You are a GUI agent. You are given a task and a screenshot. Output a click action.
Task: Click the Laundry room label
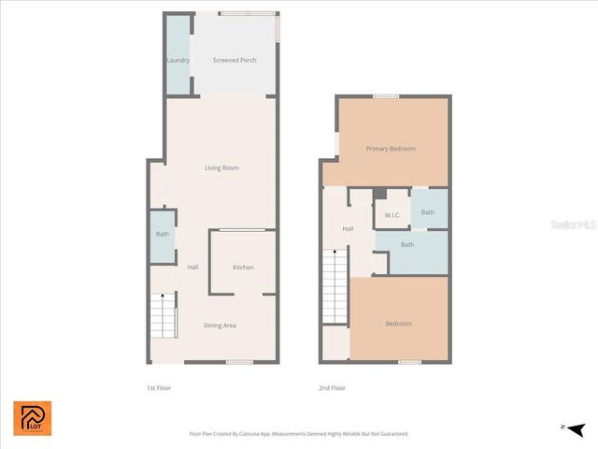tap(178, 61)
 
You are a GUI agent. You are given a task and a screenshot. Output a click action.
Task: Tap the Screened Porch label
tap(235, 61)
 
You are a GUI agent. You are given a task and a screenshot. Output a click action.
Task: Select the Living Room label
tap(221, 168)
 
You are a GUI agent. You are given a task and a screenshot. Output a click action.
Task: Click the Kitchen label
tap(243, 268)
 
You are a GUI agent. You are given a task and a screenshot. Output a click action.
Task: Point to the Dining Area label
tap(221, 326)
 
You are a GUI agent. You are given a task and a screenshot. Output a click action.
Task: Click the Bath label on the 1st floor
tap(162, 235)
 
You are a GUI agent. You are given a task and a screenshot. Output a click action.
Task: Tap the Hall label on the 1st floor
tap(192, 268)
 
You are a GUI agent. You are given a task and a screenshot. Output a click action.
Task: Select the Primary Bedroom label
tap(391, 149)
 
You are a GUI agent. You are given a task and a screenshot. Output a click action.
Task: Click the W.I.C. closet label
tap(392, 215)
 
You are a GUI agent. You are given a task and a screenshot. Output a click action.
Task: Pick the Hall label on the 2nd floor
tap(348, 229)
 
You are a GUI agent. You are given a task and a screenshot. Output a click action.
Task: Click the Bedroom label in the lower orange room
tap(398, 324)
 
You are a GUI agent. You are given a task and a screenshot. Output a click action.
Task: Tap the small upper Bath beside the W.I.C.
tap(428, 212)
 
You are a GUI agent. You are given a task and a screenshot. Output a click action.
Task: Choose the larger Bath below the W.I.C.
tap(407, 245)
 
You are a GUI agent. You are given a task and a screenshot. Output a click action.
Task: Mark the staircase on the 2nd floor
tap(335, 286)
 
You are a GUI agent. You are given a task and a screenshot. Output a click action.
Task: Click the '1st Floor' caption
tap(158, 387)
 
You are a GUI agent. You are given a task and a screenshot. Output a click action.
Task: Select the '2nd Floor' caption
tap(333, 387)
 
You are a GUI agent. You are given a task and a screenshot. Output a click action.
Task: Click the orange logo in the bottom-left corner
tap(33, 419)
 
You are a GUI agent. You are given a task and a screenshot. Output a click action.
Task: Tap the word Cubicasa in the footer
tap(259, 434)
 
